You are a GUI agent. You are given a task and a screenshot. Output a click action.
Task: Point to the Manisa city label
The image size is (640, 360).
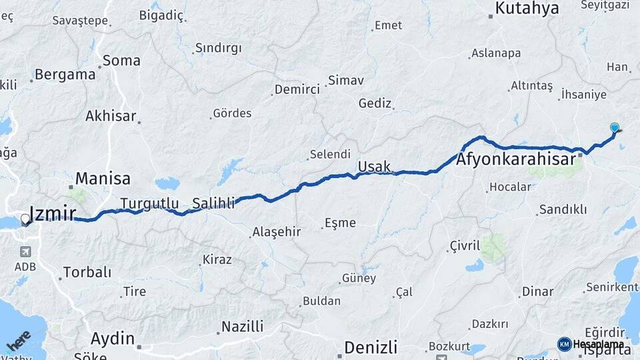pos(103,179)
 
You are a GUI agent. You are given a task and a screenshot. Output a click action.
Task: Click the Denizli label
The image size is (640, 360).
pos(371,347)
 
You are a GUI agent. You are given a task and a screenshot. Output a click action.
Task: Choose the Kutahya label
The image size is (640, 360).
pos(527,9)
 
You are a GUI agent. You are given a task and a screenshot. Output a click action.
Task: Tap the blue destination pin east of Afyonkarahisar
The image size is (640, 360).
pos(615,127)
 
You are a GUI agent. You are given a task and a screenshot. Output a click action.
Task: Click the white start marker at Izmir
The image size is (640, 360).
pos(25,218)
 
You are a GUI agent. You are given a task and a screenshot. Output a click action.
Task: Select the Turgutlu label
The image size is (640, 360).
pos(149,203)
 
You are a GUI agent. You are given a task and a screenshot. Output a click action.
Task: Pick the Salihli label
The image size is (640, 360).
pos(213,203)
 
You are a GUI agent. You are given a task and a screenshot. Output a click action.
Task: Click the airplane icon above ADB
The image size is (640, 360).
pos(25,252)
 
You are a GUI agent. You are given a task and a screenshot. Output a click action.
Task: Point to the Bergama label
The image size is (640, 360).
pos(65,75)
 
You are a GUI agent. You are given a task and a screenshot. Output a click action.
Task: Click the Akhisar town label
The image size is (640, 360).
pos(111,116)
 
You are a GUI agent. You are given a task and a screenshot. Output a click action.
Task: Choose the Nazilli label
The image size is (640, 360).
pos(243,327)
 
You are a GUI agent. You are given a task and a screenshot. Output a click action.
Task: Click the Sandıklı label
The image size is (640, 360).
pos(563,209)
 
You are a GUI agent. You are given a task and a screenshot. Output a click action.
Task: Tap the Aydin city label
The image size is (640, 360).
pos(112,339)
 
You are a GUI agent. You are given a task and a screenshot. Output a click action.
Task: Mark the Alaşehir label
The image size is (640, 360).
pos(277,233)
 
